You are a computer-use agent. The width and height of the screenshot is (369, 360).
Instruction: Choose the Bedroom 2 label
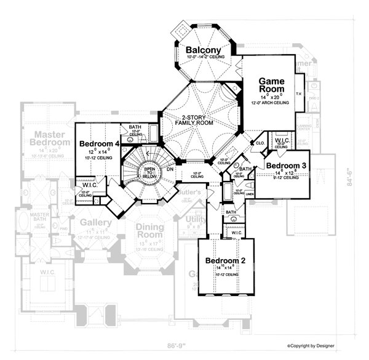pos(226,260)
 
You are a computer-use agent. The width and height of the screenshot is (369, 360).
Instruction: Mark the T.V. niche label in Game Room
pos(298,94)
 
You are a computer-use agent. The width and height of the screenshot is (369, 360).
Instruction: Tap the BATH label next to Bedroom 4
pos(135,129)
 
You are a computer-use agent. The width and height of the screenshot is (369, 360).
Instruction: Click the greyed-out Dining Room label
pos(150,231)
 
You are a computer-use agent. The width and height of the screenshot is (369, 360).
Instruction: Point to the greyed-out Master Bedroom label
pos(50,138)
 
